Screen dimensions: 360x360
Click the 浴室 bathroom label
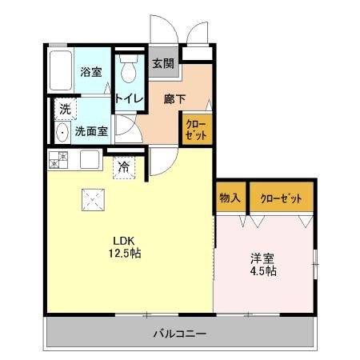(x=90, y=72)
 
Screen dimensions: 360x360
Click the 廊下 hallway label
(x=174, y=98)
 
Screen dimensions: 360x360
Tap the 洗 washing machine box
(x=63, y=109)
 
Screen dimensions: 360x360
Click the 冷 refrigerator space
(x=124, y=167)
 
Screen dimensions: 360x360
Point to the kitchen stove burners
(x=57, y=159)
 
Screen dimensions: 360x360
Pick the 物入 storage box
(x=230, y=196)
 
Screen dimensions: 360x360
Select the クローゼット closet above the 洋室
(x=278, y=196)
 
